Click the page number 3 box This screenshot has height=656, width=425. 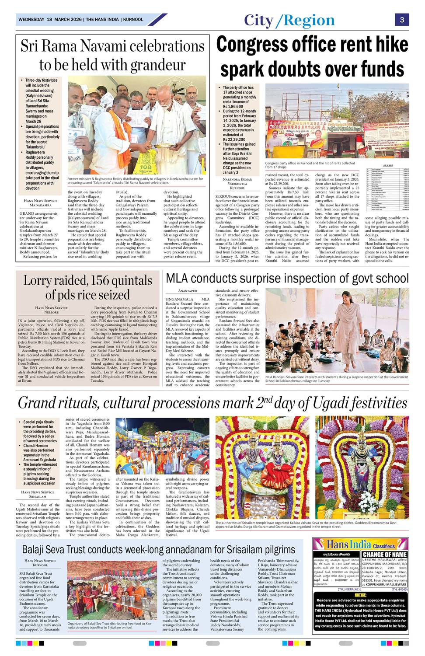click(401, 20)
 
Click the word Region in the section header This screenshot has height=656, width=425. click(309, 21)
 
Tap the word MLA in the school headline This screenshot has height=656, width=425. click(177, 278)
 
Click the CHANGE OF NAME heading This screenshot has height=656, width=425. click(385, 555)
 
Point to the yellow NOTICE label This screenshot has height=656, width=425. click(360, 595)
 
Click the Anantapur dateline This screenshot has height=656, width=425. click(188, 291)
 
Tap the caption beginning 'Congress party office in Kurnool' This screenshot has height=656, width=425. click(310, 165)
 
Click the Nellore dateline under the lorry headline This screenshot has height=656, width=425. click(51, 312)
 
